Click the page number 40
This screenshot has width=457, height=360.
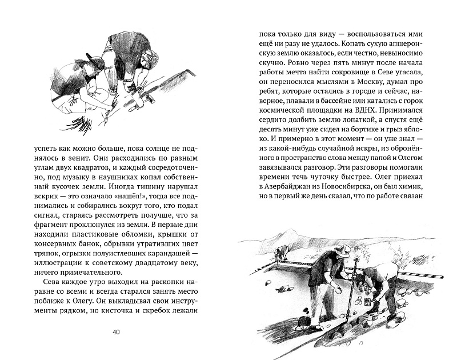(x=116, y=332)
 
